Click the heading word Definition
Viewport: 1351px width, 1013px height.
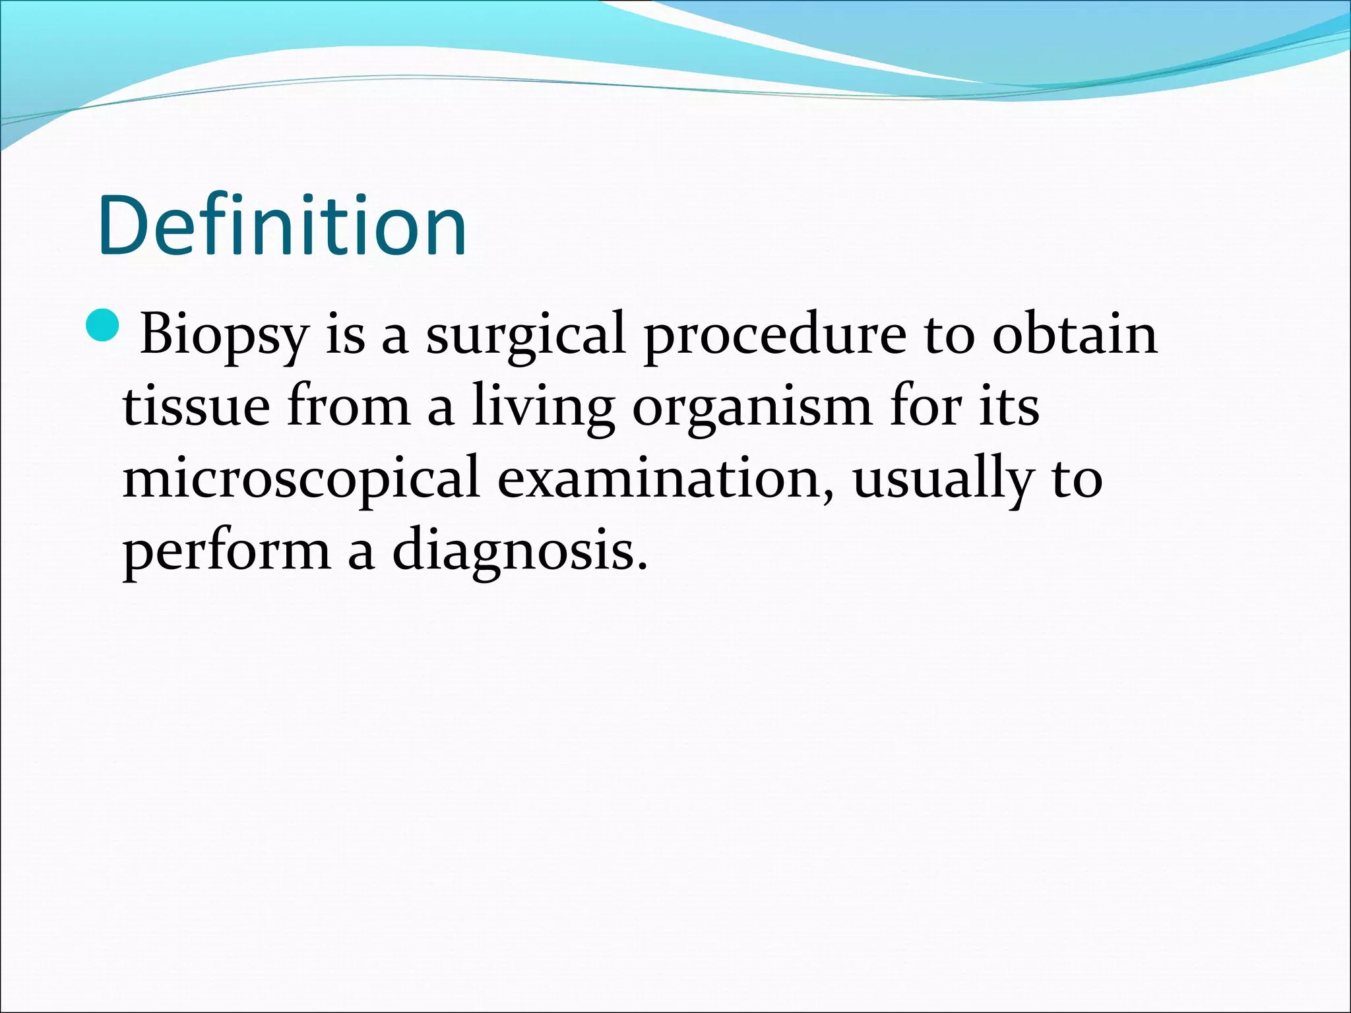click(x=282, y=226)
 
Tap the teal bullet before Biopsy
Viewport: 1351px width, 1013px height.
click(x=102, y=326)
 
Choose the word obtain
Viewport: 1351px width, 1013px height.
click(x=1075, y=334)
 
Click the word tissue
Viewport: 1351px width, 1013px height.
click(x=196, y=406)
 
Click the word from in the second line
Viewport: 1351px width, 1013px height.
click(x=349, y=405)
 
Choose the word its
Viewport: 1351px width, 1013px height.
click(x=1009, y=406)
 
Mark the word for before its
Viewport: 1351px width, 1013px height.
click(x=925, y=405)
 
